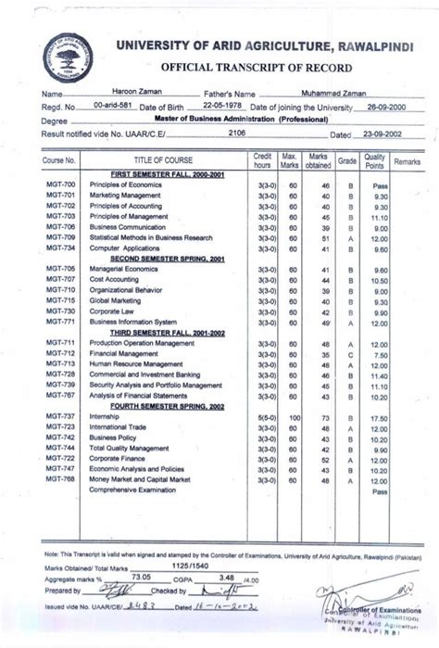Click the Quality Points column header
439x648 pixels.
pos(375,160)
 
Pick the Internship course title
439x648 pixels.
pos(106,418)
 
